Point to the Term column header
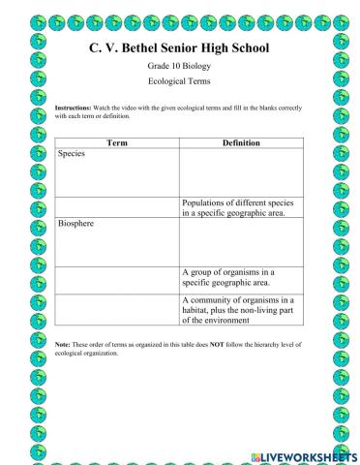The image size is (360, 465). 116,142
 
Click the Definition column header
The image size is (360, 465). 241,142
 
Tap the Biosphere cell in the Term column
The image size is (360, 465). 116,241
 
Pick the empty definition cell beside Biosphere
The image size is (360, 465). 241,241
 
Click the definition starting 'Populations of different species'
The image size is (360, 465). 241,206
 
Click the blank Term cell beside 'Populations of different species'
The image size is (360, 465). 116,206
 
